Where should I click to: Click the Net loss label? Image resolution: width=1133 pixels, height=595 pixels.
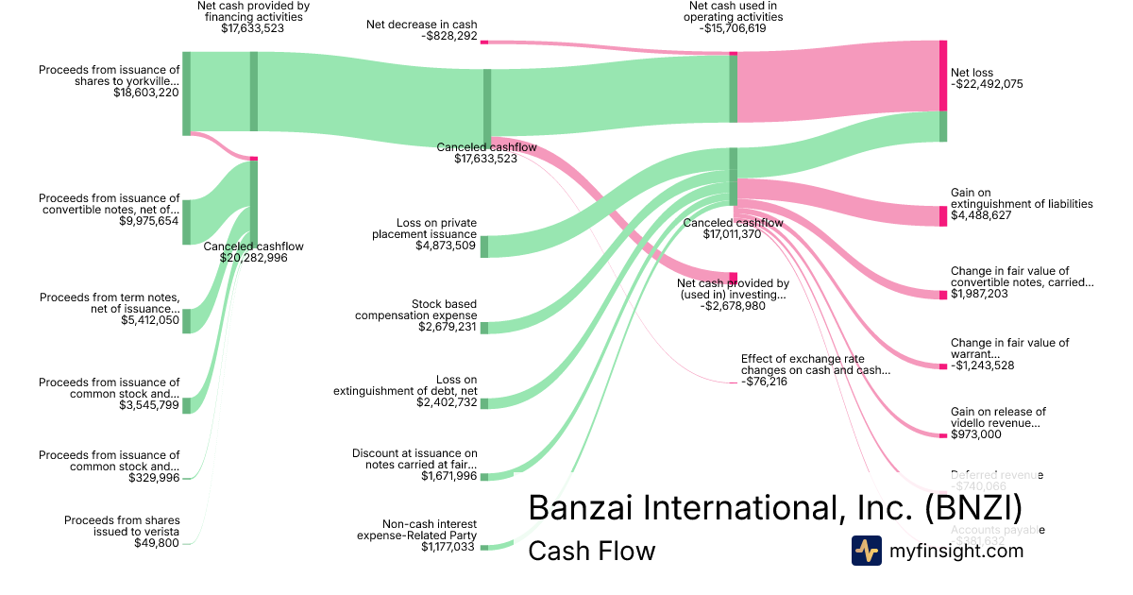[972, 73]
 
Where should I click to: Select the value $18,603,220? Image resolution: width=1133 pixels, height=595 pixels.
[146, 93]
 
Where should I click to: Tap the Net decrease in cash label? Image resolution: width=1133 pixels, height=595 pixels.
[421, 25]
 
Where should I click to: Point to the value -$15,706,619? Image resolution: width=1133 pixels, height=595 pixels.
[735, 28]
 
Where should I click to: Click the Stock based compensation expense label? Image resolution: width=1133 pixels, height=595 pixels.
[415, 310]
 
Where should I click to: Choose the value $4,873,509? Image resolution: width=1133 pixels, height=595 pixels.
[446, 246]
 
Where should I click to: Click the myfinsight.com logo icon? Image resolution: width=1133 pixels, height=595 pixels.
[866, 551]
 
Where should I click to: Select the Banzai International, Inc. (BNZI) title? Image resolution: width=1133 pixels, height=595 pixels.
[774, 507]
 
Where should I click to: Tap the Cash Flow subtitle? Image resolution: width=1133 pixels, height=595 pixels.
[591, 551]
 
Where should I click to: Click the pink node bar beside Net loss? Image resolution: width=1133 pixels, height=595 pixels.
[942, 76]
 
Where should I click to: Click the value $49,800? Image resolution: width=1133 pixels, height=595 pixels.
[157, 543]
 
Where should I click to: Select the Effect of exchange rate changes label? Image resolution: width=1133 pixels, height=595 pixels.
[815, 365]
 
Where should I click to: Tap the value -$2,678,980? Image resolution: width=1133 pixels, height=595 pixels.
[734, 306]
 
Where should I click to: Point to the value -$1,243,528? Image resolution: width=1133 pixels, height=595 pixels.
[982, 365]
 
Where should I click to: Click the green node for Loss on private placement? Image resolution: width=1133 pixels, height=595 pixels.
[484, 246]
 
